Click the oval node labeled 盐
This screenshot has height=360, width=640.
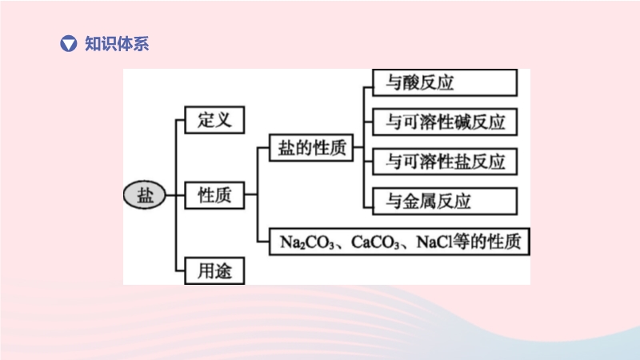click(145, 194)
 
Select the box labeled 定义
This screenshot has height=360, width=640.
click(214, 120)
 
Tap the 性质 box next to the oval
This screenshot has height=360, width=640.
click(214, 194)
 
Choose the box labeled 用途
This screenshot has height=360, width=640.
click(214, 270)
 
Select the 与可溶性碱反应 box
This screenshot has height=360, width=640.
click(445, 122)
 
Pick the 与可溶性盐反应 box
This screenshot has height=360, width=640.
click(445, 161)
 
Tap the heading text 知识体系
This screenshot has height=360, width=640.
click(117, 43)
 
